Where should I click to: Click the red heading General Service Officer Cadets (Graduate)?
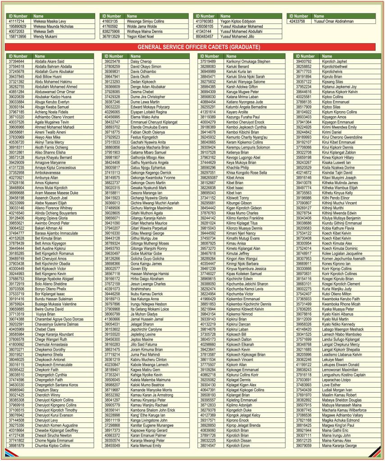(192, 47)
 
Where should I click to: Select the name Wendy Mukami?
(45, 36)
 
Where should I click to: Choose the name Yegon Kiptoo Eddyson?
(237, 21)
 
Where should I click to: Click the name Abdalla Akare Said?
(50, 61)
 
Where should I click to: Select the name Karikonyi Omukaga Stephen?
(248, 61)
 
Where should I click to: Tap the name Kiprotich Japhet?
(335, 61)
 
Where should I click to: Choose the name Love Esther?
(331, 385)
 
